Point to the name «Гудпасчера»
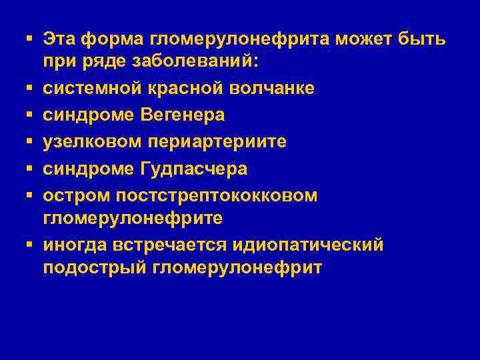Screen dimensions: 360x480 [x=193, y=169]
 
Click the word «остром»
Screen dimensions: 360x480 [x=75, y=196]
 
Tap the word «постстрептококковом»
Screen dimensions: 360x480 [x=217, y=196]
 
